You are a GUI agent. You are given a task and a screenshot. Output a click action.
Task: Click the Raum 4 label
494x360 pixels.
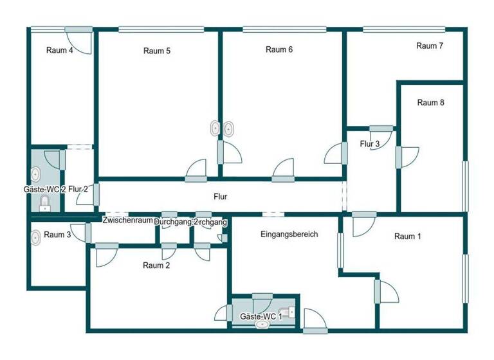[59, 51]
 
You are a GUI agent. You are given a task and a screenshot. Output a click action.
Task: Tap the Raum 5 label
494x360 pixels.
[157, 51]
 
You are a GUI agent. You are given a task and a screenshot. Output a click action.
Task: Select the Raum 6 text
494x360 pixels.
[279, 50]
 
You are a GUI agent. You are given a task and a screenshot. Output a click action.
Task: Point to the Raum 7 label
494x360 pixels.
[430, 46]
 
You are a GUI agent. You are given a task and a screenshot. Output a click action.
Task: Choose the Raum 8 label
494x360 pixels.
[430, 102]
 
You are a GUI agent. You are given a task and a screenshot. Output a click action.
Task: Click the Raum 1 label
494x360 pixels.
[408, 237]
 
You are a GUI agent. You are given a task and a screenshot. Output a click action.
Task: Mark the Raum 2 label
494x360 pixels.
[156, 265]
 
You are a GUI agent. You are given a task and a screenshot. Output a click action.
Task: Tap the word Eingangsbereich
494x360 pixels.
[289, 235]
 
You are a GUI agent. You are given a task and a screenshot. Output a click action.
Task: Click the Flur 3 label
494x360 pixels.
[369, 143]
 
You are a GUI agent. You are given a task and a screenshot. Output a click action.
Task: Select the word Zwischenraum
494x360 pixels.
[127, 221]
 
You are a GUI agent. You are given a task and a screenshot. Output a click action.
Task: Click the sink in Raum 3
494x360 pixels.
[35, 237]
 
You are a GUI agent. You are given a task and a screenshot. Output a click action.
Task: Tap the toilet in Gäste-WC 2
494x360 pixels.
[44, 204]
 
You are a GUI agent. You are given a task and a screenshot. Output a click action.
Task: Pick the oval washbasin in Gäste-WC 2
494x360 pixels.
[36, 174]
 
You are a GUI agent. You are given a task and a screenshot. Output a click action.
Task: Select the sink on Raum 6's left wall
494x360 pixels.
[228, 129]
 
